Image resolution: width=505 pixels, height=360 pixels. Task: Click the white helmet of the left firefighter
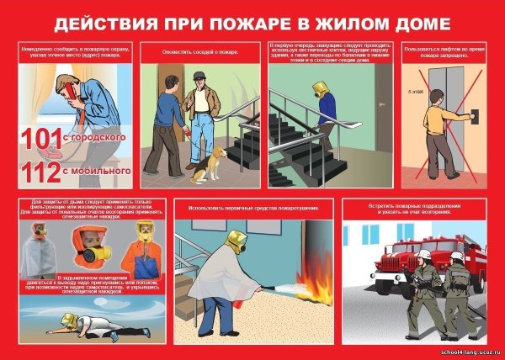click(x=428, y=252)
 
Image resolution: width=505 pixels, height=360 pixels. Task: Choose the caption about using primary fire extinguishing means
click(x=252, y=207)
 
